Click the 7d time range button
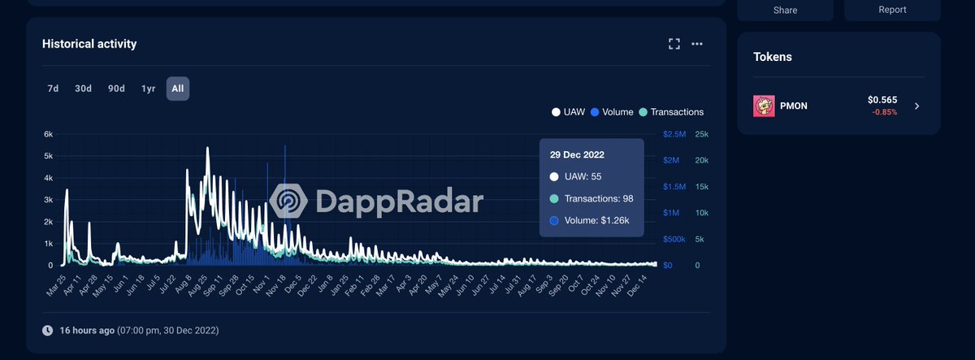pos(53,89)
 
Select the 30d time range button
pos(83,89)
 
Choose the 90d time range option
pos(116,89)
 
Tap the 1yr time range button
pos(149,89)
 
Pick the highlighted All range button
pos(178,89)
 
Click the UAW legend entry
pos(568,112)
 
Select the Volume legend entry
pos(613,112)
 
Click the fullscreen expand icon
pos(674,44)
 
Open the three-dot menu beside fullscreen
pos(697,44)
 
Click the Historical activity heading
pos(89,44)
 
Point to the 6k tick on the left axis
pos(48,134)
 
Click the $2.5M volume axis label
pos(674,134)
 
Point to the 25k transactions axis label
pos(702,134)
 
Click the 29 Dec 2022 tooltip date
pos(577,154)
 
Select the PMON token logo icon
pos(765,106)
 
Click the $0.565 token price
pos(882,100)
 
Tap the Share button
pos(785,10)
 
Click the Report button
pos(891,10)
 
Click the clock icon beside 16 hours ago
pos(47,331)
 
